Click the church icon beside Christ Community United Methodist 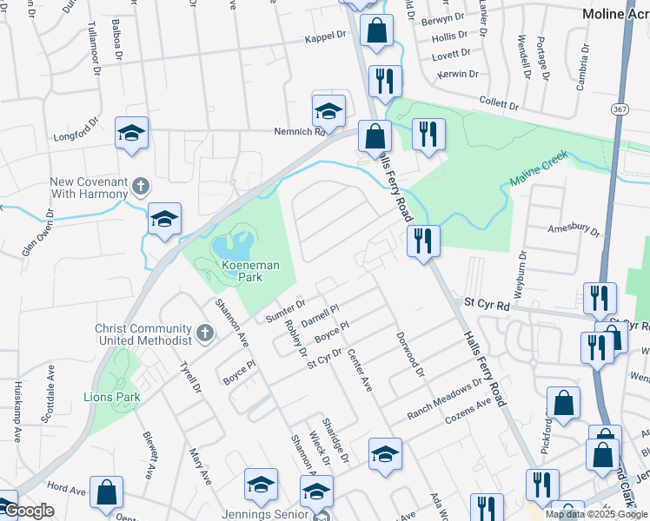click(203, 333)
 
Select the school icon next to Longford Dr click(131, 133)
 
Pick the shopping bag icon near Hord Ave click(106, 492)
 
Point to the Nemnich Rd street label click(298, 132)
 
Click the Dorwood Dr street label click(408, 354)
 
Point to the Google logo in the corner click(28, 511)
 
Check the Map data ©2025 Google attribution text click(595, 514)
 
